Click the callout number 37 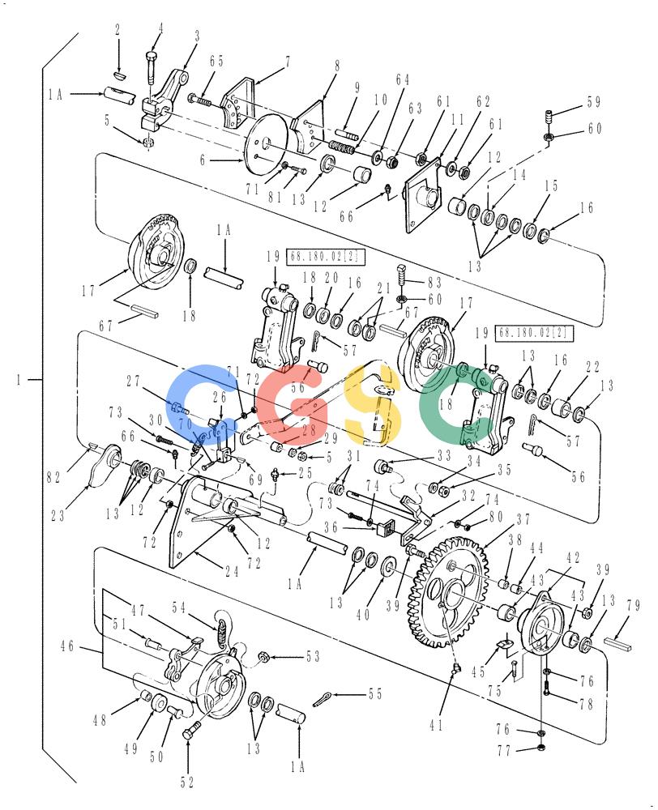[x=523, y=519]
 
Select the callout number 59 [x=594, y=102]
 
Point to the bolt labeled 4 [x=152, y=66]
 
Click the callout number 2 [x=117, y=29]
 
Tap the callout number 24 [x=232, y=571]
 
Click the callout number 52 [x=187, y=782]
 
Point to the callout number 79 [x=634, y=605]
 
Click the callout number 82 [x=53, y=477]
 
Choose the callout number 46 [x=67, y=646]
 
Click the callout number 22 [x=592, y=367]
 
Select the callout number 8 [x=337, y=66]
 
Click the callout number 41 [x=436, y=725]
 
